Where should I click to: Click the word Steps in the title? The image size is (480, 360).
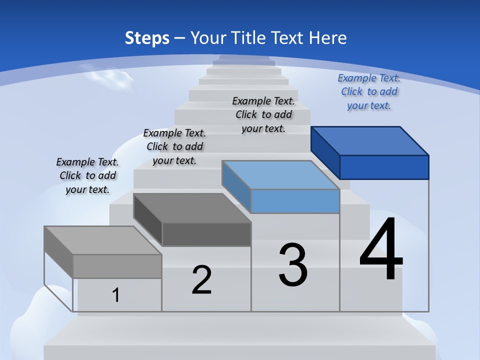[x=147, y=38]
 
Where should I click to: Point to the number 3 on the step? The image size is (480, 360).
[x=293, y=265]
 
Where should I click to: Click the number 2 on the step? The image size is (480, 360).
[x=202, y=280]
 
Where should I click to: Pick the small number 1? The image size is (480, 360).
[x=116, y=295]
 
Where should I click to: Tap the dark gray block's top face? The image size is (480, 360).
[x=192, y=208]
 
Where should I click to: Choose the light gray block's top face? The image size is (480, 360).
[x=103, y=240]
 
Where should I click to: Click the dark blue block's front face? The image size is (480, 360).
[x=384, y=167]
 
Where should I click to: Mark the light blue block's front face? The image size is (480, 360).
[x=295, y=201]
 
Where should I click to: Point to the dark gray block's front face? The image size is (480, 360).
[x=206, y=234]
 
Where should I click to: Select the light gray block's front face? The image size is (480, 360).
[x=117, y=266]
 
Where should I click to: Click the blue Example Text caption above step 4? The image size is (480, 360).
[x=369, y=92]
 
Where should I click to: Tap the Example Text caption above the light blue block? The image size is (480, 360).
[x=263, y=115]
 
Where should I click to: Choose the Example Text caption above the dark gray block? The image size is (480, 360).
[x=174, y=147]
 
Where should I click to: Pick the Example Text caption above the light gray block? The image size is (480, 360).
[x=87, y=176]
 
